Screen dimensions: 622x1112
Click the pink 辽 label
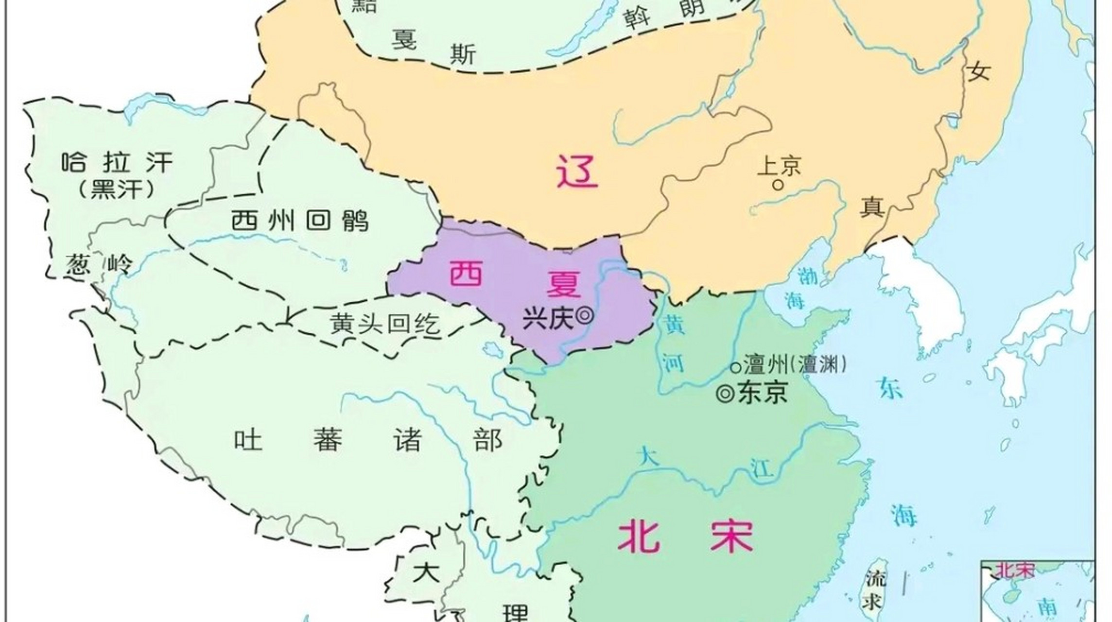[577, 171]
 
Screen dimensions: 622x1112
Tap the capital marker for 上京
[778, 185]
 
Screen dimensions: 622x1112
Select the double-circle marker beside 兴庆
[584, 316]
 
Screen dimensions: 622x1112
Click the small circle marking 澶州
[736, 366]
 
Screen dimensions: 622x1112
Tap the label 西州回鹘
[300, 221]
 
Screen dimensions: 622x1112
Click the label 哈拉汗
[117, 162]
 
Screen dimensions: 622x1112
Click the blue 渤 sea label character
[807, 276]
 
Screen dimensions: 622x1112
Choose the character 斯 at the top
[463, 54]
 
